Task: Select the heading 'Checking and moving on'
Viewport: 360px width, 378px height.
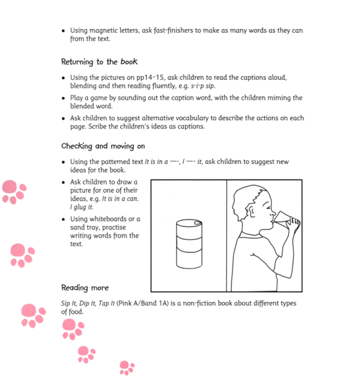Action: pyautogui.click(x=104, y=146)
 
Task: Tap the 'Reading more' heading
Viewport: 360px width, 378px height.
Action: pyautogui.click(x=85, y=287)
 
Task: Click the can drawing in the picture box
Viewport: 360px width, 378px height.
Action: pyautogui.click(x=189, y=244)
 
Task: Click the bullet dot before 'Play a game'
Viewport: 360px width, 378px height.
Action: pyautogui.click(x=63, y=98)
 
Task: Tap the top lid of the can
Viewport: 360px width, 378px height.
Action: pyautogui.click(x=189, y=222)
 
